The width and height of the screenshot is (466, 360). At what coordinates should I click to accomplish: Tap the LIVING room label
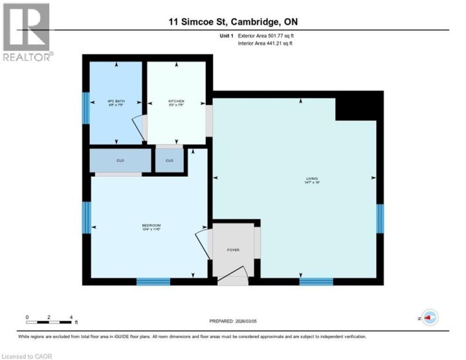pos(313,179)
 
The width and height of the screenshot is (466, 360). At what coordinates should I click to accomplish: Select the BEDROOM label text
pos(151,226)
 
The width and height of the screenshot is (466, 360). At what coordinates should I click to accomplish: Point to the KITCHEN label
pos(176,102)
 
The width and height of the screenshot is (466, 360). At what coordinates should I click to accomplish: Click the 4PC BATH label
pos(115,102)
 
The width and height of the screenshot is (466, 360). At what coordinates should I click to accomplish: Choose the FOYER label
pos(233,249)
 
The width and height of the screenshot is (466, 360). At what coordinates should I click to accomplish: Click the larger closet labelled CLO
pos(120,160)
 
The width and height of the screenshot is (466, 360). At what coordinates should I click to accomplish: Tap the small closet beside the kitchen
pos(170,160)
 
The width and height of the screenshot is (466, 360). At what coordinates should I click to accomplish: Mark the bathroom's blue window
pos(85,107)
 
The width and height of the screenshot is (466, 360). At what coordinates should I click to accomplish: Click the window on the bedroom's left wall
pos(85,218)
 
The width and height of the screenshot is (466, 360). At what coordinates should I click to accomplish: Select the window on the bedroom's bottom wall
pos(153,281)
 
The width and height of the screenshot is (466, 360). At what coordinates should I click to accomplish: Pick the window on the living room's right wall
pos(380,218)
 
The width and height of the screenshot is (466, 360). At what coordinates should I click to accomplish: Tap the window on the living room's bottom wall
pos(316,281)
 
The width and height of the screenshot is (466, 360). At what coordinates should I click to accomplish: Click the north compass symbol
pos(430,317)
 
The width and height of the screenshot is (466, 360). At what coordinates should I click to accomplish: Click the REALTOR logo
pos(26,31)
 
